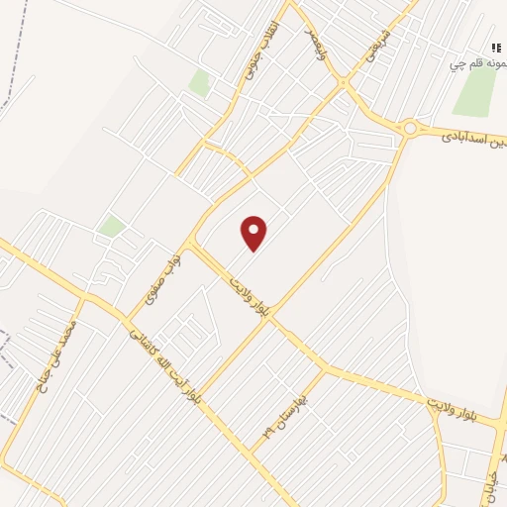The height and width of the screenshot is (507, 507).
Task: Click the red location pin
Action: [x=253, y=233]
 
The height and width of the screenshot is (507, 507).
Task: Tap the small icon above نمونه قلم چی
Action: [x=495, y=47]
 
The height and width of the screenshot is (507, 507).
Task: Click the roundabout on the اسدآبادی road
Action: [x=409, y=128]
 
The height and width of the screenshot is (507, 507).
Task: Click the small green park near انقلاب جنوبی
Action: [x=201, y=82]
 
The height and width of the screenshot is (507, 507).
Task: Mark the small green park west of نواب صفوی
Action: [x=112, y=226]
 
